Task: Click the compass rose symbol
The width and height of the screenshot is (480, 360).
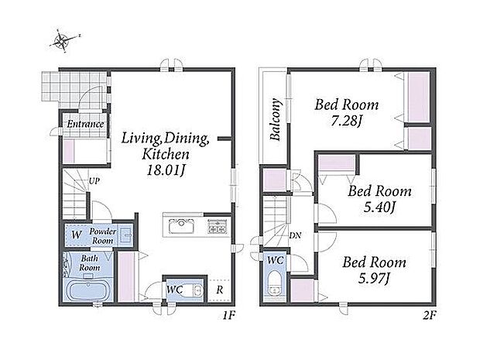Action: coord(63,41)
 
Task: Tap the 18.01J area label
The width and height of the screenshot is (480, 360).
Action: coord(166,170)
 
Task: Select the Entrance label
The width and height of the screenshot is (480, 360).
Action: coord(85,124)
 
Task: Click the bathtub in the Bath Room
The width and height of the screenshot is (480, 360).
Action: coord(87,290)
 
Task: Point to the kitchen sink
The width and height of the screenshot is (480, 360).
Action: coord(181,227)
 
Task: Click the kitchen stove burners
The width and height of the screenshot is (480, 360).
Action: coord(218,227)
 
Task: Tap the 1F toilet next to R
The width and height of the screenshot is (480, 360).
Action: coord(196,290)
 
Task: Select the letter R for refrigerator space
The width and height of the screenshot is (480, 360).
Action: coord(220,290)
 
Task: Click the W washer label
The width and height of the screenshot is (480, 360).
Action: coord(77,235)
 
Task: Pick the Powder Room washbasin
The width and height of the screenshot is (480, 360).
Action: coord(126,235)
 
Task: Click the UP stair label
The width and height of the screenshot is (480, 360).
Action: coord(94,181)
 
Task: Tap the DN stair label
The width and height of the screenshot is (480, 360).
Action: coord(295,235)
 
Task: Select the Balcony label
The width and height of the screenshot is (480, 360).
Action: coord(276,119)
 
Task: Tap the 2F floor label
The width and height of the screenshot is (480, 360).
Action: coord(429,315)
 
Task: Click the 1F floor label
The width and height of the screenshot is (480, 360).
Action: coord(228,315)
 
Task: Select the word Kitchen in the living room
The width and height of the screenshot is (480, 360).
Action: coord(166,154)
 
